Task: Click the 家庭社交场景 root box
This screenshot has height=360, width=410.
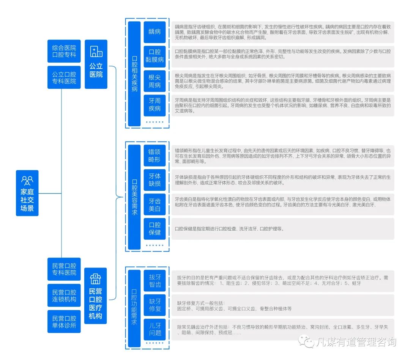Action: click(x=27, y=193)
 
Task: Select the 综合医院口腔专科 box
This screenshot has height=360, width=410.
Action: click(x=64, y=51)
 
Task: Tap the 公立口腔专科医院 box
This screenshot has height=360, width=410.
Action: click(x=64, y=78)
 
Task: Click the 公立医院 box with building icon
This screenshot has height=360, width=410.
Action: click(x=96, y=64)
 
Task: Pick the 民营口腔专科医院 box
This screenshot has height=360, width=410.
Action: click(x=64, y=269)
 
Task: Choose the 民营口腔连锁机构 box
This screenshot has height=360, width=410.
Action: click(x=64, y=296)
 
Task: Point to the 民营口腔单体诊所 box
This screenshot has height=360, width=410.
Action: click(x=64, y=322)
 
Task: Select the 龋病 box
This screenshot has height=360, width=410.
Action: click(x=155, y=32)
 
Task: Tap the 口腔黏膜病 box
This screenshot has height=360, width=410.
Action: click(x=155, y=56)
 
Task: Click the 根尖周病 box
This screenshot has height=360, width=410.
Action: click(x=155, y=81)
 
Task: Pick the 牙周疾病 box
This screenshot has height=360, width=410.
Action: click(x=155, y=105)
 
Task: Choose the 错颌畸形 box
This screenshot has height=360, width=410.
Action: click(x=155, y=156)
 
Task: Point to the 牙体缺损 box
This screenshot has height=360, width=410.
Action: click(x=155, y=180)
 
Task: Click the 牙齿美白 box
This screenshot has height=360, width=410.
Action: click(x=155, y=205)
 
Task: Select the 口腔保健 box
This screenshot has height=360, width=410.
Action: click(x=155, y=229)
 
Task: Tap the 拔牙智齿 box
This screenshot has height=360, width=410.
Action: click(x=155, y=281)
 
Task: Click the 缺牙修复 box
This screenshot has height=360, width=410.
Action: click(x=155, y=305)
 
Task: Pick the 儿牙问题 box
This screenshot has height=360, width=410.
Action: click(x=155, y=329)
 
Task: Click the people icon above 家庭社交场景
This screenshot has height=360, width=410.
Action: click(x=27, y=180)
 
